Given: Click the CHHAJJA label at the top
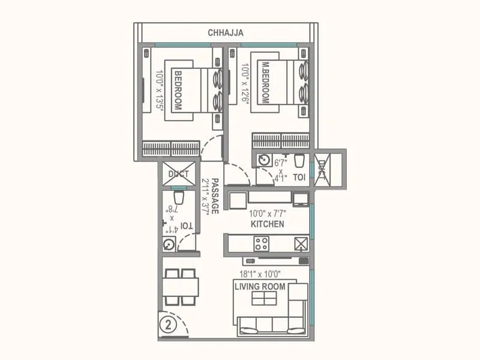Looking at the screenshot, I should [226, 33].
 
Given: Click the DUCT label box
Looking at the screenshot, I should [178, 174].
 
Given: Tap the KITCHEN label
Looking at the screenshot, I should [268, 224].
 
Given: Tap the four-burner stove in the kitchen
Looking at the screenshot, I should [261, 243].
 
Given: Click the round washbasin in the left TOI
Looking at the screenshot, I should [169, 244].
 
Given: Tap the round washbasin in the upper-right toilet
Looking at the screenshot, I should [264, 160].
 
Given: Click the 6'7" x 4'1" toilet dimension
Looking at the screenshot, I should [280, 170].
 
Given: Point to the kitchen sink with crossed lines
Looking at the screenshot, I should [301, 243].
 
